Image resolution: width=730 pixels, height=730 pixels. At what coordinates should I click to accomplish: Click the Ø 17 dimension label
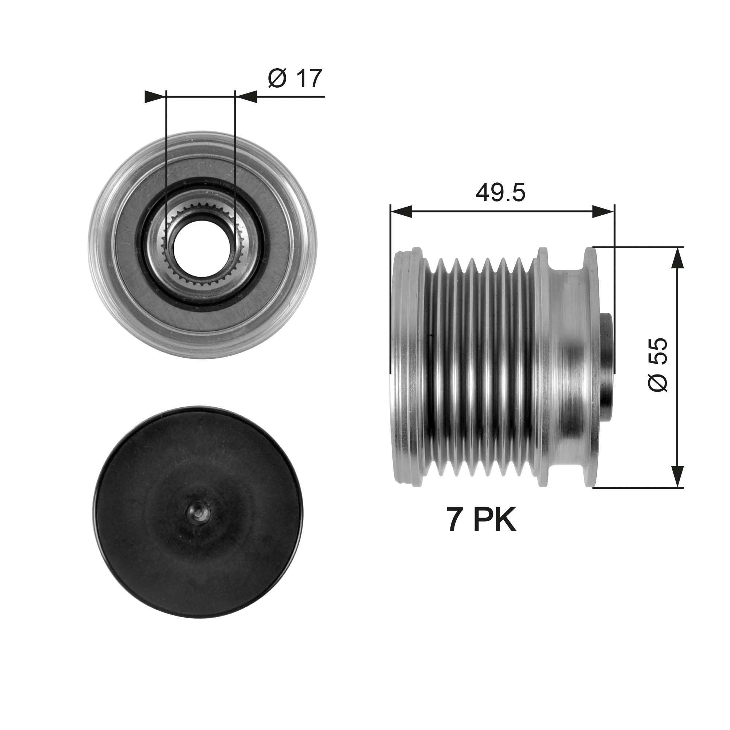tap(295, 78)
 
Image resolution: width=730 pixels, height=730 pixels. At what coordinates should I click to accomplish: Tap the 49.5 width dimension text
tap(500, 193)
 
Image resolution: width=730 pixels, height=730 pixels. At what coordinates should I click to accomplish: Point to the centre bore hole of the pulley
tap(200, 246)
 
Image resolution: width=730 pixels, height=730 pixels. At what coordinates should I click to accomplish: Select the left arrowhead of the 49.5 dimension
tap(400, 212)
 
